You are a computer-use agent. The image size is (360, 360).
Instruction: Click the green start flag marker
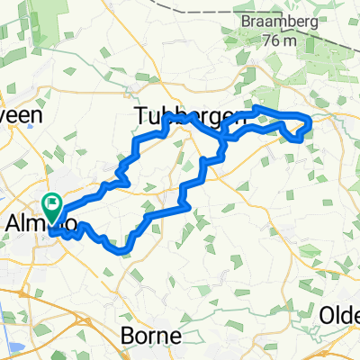[51, 206]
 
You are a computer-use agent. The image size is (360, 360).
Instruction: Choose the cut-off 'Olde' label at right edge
[341, 315]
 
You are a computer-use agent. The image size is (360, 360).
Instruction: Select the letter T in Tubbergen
[141, 115]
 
